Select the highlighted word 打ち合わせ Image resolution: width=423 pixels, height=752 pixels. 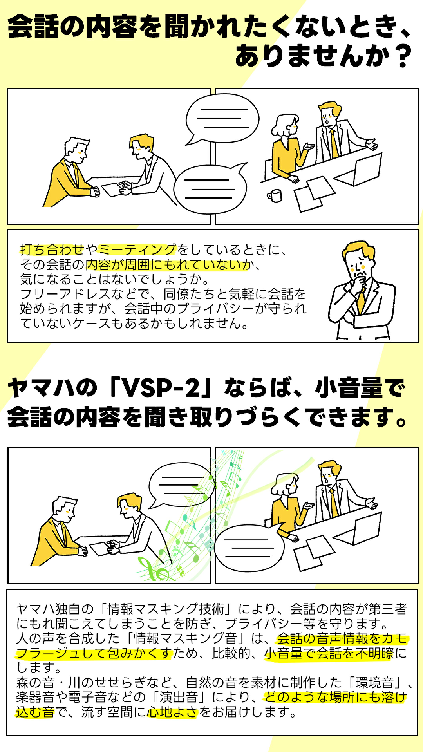pos(52,250)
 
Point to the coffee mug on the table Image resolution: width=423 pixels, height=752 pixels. pos(275,196)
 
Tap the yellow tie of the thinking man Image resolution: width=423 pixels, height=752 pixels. pos(361,301)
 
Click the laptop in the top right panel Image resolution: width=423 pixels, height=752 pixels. pos(362,171)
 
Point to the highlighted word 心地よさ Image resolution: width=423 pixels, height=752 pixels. pos(172,712)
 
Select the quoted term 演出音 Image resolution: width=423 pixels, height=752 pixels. pos(178,697)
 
